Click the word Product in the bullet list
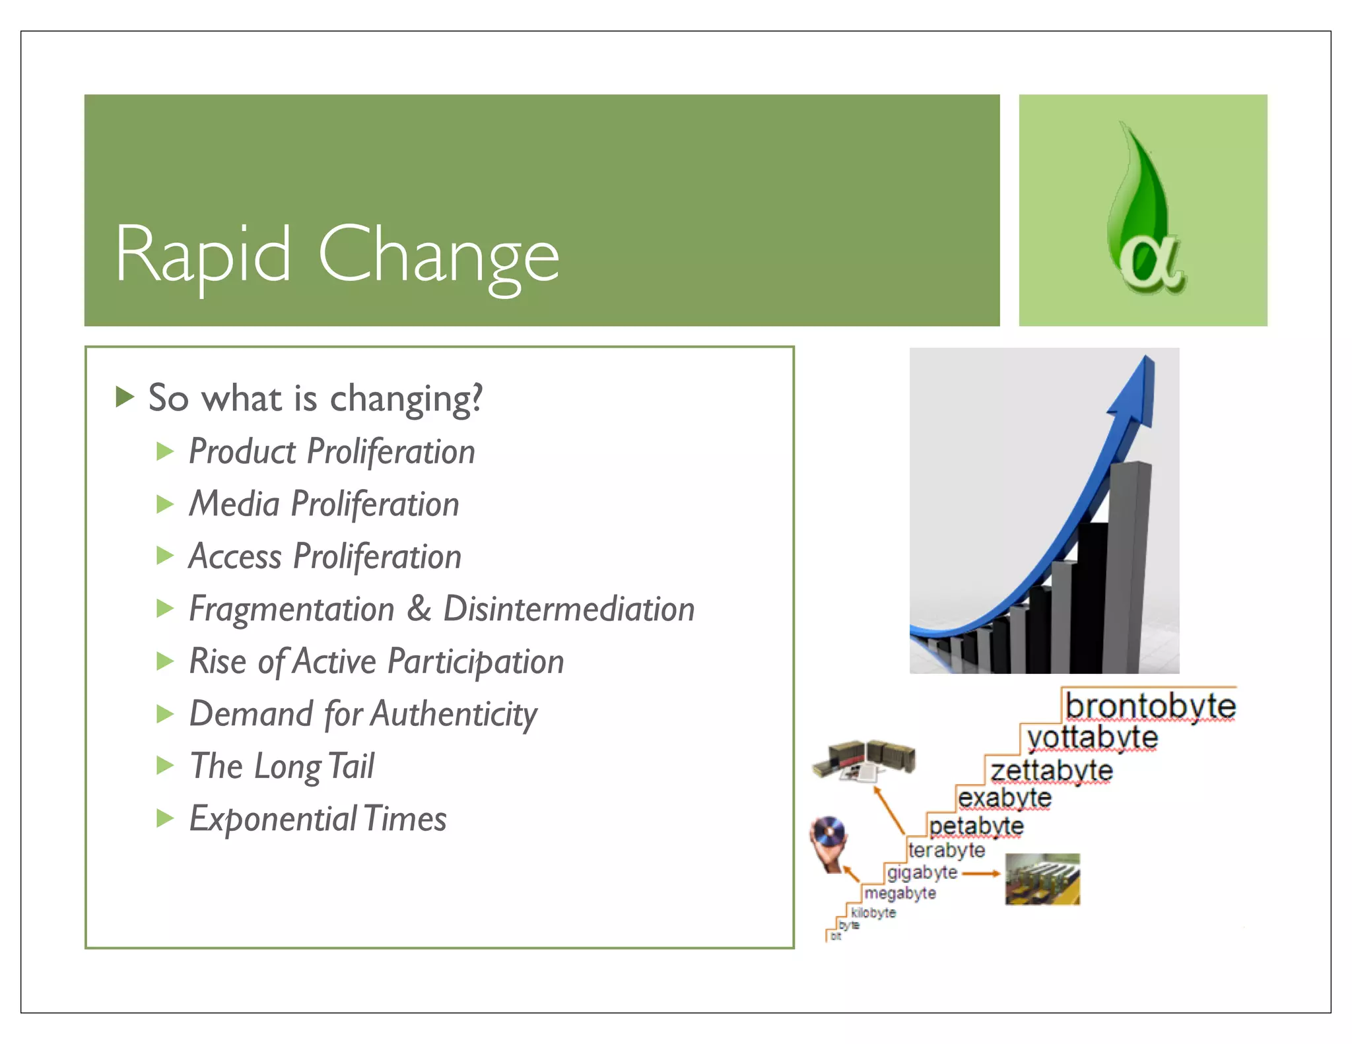pyautogui.click(x=242, y=452)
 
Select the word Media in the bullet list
pyautogui.click(x=234, y=504)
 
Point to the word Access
pyautogui.click(x=235, y=556)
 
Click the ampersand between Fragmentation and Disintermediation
pyautogui.click(x=419, y=608)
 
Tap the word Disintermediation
pyautogui.click(x=568, y=608)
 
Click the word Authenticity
pyautogui.click(x=454, y=714)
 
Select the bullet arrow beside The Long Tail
pyautogui.click(x=164, y=766)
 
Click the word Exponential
pyautogui.click(x=273, y=819)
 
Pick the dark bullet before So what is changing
pyautogui.click(x=125, y=397)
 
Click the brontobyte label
pyautogui.click(x=1150, y=706)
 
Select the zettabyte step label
pyautogui.click(x=1052, y=771)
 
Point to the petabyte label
pyautogui.click(x=976, y=826)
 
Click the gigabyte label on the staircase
pyautogui.click(x=922, y=872)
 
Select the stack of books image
pyautogui.click(x=863, y=760)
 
